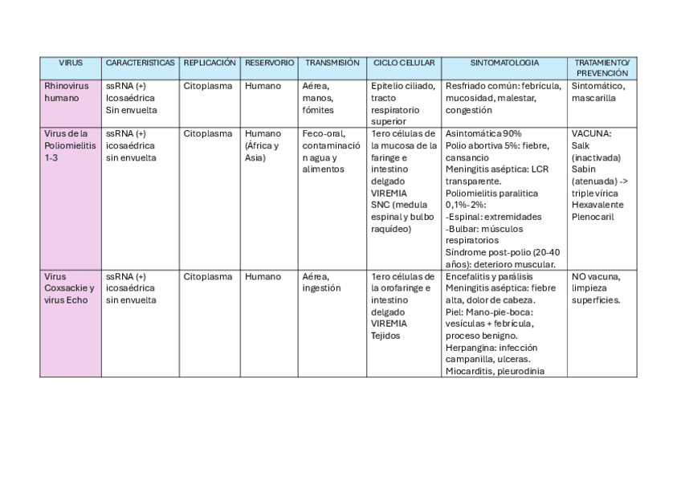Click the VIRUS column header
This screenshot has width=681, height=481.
71,62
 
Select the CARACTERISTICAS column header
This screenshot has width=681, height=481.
140,62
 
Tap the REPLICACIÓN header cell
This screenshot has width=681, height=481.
210,62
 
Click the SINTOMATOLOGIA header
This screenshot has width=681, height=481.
504,62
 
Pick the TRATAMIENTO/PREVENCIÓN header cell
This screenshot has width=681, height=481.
601,67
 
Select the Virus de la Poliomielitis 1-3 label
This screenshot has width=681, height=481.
71,145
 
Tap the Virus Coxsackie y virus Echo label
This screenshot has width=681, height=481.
69,287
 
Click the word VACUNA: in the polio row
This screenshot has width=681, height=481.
592,133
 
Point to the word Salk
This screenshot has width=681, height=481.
581,145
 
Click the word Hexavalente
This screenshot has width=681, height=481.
598,205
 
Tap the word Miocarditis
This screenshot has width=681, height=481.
468,371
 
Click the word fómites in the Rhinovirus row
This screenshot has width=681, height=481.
319,109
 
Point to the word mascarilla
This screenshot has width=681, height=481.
593,98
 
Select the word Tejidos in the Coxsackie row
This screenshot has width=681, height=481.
385,336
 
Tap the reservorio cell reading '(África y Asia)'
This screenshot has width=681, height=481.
261,152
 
